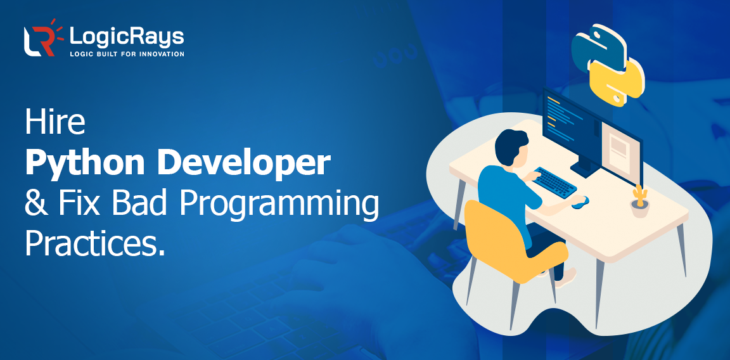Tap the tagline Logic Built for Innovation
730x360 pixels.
[127, 54]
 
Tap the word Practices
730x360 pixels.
[94, 243]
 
